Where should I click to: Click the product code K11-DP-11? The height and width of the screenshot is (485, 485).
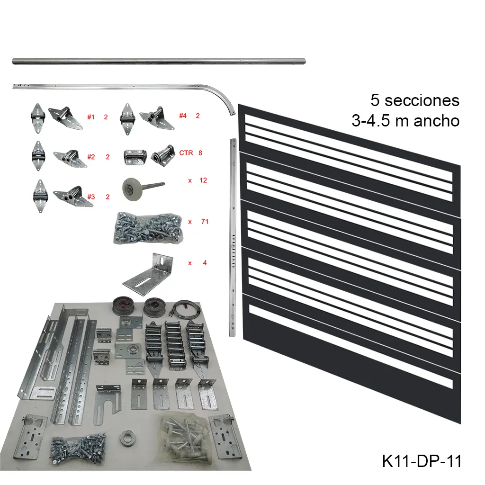tap(422, 461)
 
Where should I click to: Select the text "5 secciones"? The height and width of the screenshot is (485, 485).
tap(415, 100)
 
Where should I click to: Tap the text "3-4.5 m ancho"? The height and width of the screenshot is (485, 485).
tap(405, 121)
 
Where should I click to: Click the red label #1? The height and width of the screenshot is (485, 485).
tap(91, 117)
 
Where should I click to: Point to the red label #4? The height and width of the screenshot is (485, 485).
tap(183, 116)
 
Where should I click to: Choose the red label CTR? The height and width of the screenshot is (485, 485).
tap(186, 153)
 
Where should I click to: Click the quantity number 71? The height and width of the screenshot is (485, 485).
tap(205, 221)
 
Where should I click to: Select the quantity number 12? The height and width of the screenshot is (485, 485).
tap(204, 180)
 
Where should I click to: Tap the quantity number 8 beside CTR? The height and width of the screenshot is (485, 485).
tap(200, 153)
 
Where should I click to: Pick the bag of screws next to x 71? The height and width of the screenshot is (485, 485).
tap(147, 228)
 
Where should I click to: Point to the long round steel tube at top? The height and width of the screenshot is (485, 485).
tap(159, 61)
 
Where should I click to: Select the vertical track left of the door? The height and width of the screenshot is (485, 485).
tap(232, 237)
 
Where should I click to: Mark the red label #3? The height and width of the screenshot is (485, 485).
tap(91, 197)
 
